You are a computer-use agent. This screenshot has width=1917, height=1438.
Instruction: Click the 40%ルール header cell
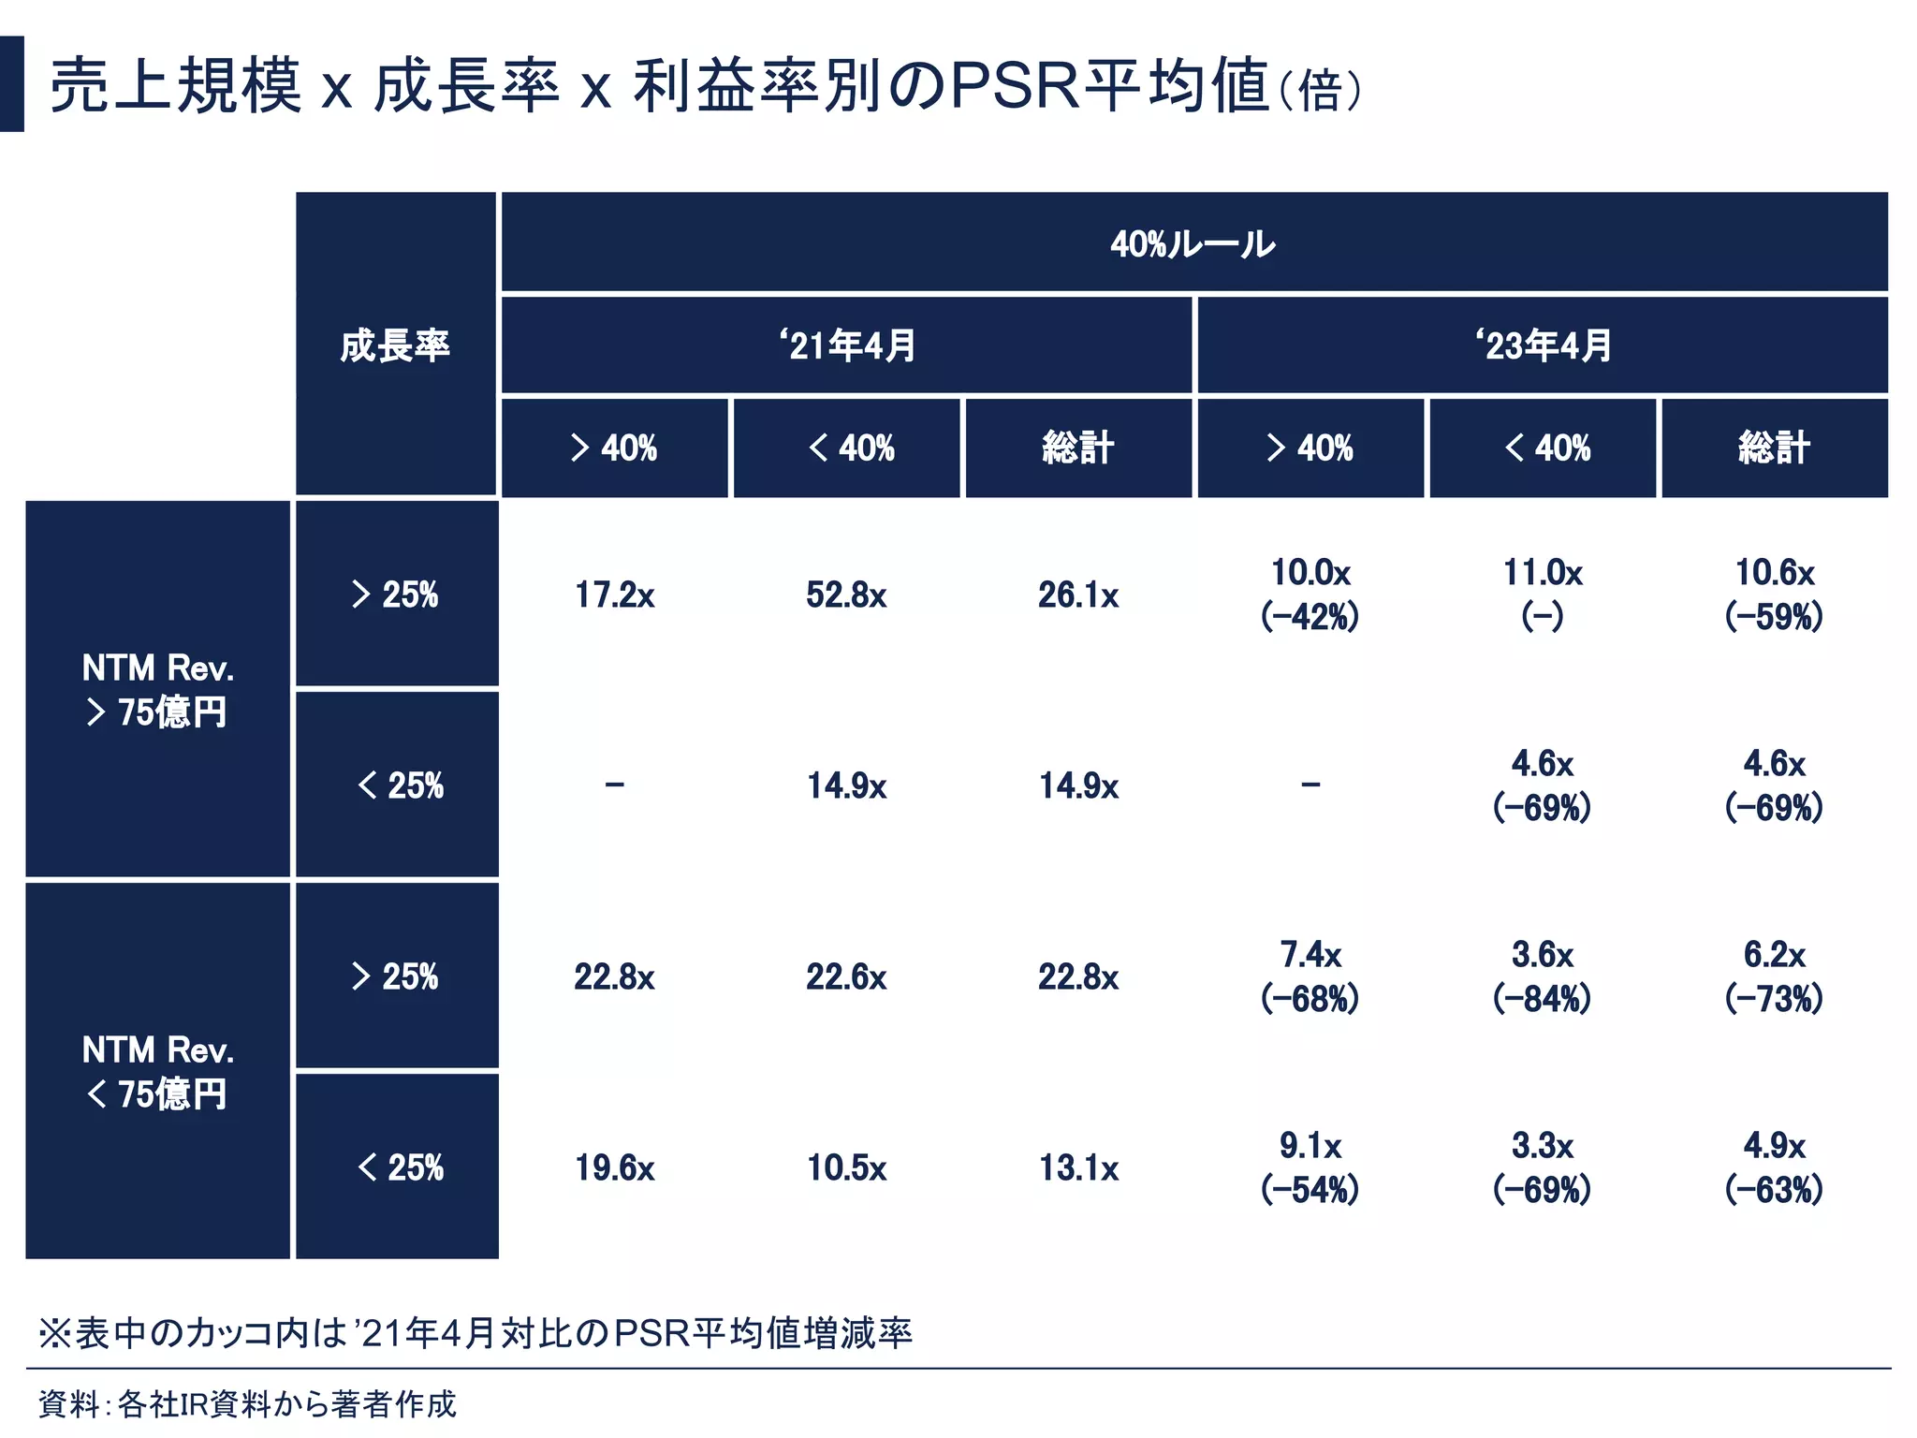coord(1193,244)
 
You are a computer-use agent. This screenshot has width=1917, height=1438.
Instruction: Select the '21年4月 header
coord(846,345)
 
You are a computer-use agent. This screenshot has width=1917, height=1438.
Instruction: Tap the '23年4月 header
coord(1543,345)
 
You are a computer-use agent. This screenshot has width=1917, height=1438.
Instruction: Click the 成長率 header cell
coord(395,345)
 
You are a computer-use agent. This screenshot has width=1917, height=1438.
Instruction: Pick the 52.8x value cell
coord(846,595)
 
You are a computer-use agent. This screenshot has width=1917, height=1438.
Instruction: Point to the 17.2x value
coord(614,595)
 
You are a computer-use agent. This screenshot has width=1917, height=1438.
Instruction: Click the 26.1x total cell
coord(1078,595)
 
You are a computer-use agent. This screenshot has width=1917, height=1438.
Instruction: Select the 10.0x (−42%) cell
coord(1310,594)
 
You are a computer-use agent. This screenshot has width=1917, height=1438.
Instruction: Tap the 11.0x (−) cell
coord(1542,594)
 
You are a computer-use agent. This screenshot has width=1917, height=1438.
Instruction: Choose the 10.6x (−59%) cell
coord(1774,594)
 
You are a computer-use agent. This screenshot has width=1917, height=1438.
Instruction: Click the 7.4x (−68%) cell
coord(1310,976)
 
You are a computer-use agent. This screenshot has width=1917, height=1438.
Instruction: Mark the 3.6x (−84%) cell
coord(1542,976)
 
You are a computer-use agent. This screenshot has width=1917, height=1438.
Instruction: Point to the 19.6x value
coord(614,1168)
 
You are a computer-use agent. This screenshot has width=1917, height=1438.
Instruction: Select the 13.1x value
coord(1078,1168)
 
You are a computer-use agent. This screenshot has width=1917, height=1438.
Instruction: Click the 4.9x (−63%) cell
coord(1774,1167)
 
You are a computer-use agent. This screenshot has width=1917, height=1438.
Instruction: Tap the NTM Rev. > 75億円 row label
coord(157,690)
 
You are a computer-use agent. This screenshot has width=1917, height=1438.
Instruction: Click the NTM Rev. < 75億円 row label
coord(157,1072)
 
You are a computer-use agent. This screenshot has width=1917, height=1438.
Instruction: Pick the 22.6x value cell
coord(846,977)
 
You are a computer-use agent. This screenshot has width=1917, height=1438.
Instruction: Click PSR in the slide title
coord(1016,86)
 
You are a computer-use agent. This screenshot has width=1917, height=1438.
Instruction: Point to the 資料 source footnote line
coord(247,1404)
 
